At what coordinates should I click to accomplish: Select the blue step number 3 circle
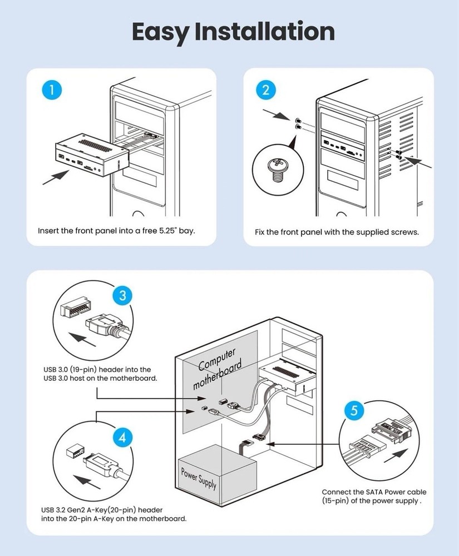point(122,295)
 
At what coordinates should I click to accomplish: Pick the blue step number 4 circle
point(122,438)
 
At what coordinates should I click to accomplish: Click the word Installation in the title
point(264,32)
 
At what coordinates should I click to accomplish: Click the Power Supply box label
point(199,476)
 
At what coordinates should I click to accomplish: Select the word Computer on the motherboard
point(216,361)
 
